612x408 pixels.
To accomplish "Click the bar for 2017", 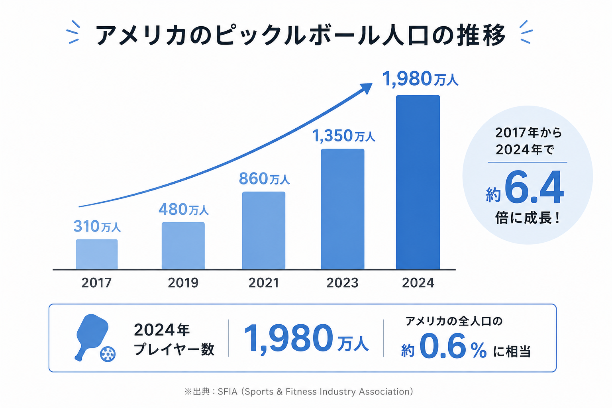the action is [x=97, y=255].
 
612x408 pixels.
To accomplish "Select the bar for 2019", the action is [x=183, y=246].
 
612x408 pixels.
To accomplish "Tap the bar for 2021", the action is [x=264, y=231].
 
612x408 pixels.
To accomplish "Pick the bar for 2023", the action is [x=343, y=209].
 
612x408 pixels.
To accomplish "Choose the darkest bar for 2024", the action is [x=418, y=182].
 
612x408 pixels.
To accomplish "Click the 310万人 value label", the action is [x=97, y=227].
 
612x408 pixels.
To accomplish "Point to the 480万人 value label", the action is [x=184, y=209].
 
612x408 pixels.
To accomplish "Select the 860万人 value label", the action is [x=264, y=179].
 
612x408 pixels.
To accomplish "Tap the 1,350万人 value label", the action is [x=344, y=136].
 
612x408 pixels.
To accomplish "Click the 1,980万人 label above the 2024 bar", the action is [x=420, y=79].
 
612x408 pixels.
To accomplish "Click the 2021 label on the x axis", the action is [x=264, y=283].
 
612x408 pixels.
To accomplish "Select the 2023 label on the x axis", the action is [x=342, y=283].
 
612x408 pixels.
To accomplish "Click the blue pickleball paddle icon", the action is [x=92, y=337].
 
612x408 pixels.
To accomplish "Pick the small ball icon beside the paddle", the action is [x=108, y=354].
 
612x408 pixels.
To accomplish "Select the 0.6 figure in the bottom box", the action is [x=443, y=346].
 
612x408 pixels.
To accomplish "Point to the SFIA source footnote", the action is [x=298, y=392].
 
